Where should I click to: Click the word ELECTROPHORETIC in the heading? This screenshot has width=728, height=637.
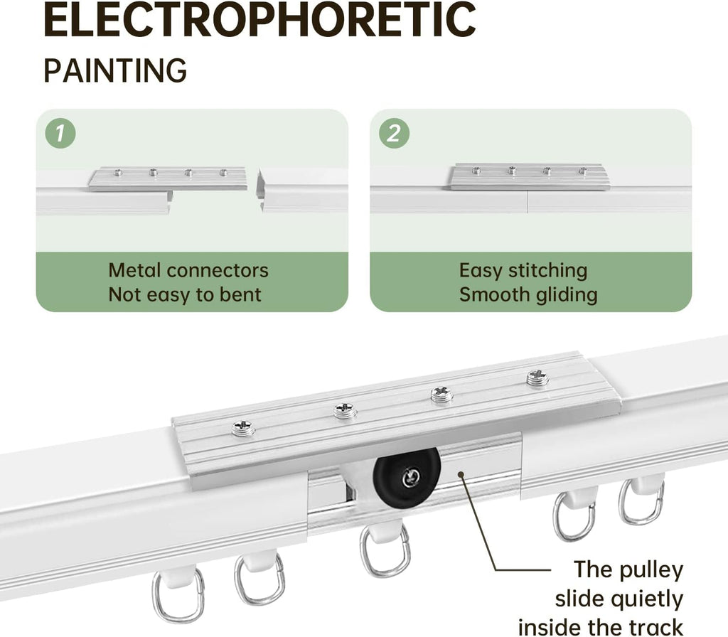(x=259, y=20)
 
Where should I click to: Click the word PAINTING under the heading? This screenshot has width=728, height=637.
(x=115, y=70)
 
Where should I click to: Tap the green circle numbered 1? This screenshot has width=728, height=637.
(x=60, y=133)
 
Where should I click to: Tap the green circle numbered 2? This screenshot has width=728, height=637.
(x=394, y=133)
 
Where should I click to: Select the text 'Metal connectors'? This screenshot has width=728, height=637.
(x=188, y=270)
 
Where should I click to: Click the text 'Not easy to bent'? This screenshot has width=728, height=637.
(x=185, y=295)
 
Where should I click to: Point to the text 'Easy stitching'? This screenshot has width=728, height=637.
(x=523, y=271)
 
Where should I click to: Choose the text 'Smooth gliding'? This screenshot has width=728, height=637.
(x=528, y=295)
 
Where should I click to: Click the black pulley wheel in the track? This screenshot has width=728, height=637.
(x=406, y=476)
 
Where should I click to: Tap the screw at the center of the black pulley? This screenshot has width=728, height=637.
(x=411, y=477)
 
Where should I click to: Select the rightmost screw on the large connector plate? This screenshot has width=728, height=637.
(x=537, y=378)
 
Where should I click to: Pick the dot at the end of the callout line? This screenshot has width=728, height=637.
(x=461, y=474)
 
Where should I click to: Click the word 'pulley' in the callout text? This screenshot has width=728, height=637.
(x=651, y=570)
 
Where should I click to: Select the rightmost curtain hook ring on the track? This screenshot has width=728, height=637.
(x=641, y=500)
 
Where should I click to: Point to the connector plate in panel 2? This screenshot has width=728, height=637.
(x=528, y=176)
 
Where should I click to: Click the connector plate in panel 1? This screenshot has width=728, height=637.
(x=168, y=178)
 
